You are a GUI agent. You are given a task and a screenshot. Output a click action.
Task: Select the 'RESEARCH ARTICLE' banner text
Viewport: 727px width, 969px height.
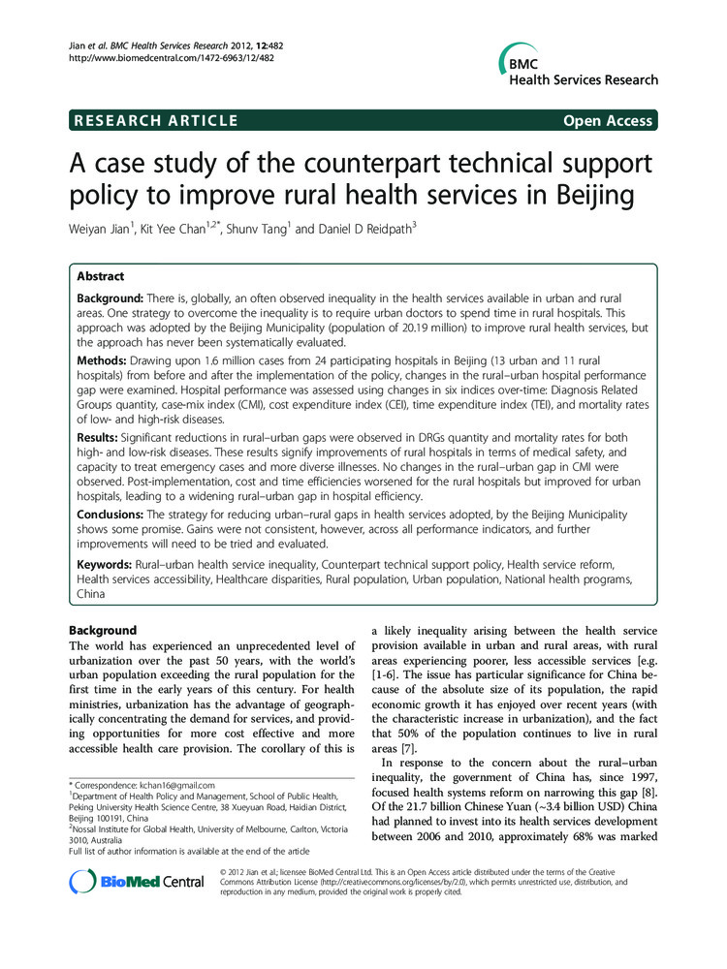tap(155, 121)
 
